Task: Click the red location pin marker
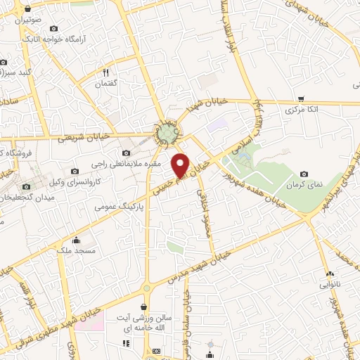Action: (181, 165)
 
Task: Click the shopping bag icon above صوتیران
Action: (27, 8)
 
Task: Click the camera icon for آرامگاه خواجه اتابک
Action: (54, 28)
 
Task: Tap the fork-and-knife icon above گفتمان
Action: (105, 72)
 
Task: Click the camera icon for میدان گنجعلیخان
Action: (27, 187)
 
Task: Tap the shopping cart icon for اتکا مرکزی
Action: (301, 99)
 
